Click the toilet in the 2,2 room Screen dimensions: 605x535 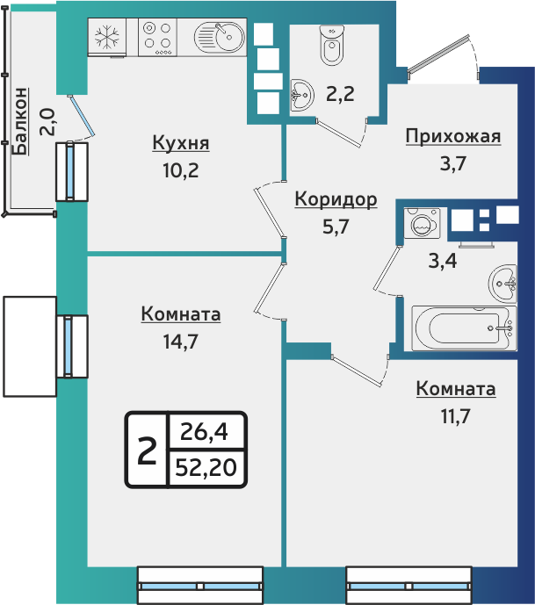point(331,47)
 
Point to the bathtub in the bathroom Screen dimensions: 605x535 point(462,328)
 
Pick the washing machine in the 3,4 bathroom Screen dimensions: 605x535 point(421,225)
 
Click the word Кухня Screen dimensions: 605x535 point(180,143)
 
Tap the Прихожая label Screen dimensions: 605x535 point(452,135)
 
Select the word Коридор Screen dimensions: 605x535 point(335,199)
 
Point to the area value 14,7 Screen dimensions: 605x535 point(180,342)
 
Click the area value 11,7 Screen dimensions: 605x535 point(454,416)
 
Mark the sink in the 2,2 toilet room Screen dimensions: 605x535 point(301,93)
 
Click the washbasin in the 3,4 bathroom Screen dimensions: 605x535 point(503,281)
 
